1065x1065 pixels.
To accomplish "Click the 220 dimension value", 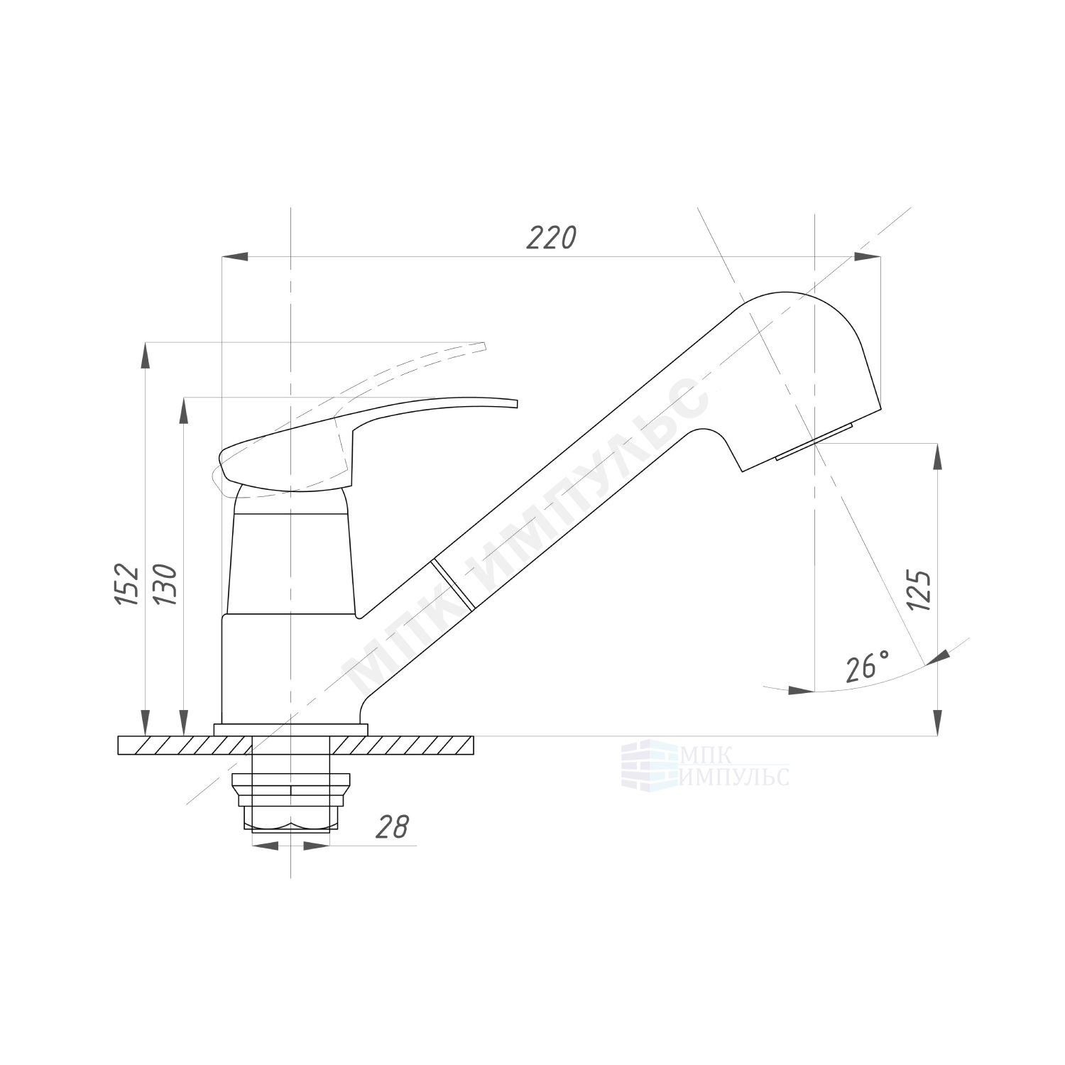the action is [x=551, y=239].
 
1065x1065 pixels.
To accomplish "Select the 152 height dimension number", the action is [x=127, y=584].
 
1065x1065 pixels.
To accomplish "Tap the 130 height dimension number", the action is [x=165, y=584].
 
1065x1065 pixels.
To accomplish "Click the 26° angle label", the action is [x=868, y=666].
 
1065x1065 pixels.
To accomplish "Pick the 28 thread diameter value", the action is [x=393, y=826].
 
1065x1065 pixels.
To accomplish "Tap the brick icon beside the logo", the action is [x=650, y=765].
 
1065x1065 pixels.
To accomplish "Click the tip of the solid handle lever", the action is [x=517, y=404].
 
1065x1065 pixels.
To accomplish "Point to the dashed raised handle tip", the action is [x=485, y=346].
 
